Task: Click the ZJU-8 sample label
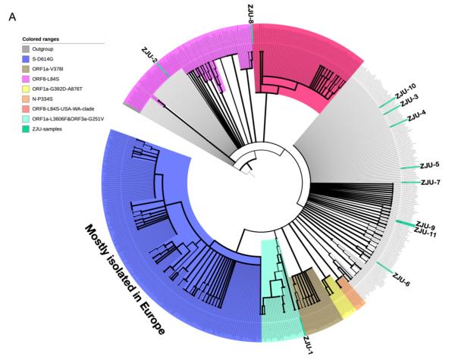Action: [251, 11]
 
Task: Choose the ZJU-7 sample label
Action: [429, 183]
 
